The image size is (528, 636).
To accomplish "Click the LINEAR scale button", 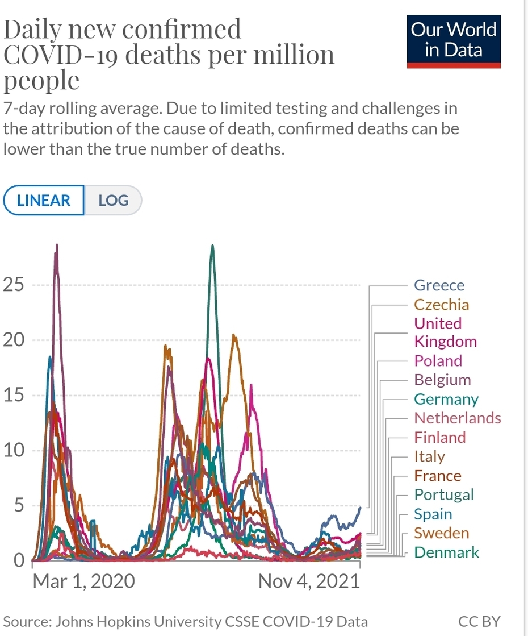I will pos(44,201).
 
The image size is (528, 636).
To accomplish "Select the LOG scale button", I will pos(113,201).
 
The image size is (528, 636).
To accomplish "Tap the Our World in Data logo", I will pos(454,40).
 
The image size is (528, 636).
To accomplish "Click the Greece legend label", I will pos(439,285).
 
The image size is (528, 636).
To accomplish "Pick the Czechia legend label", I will pos(441,305).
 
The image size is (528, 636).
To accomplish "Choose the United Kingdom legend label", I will pos(445,332).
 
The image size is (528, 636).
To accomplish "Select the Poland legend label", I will pos(438,361).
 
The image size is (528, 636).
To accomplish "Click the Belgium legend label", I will pos(442,380).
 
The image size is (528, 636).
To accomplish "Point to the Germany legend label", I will pos(446,400).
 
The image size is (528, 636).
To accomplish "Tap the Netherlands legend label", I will pos(457,418).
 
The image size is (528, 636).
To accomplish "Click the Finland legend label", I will pos(439,438).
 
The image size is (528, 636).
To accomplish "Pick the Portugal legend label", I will pos(443,495).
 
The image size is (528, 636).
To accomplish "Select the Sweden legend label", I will pos(441,533).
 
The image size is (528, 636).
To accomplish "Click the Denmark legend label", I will pos(446,552).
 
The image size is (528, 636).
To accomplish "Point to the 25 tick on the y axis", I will pos(14,285).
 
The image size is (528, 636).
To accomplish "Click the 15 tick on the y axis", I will pos(14,396).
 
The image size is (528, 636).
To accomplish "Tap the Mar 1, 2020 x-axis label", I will pos(83,581).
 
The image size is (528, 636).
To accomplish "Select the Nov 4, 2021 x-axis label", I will pos(309,581).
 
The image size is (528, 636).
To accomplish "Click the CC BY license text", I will pos(479,621).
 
